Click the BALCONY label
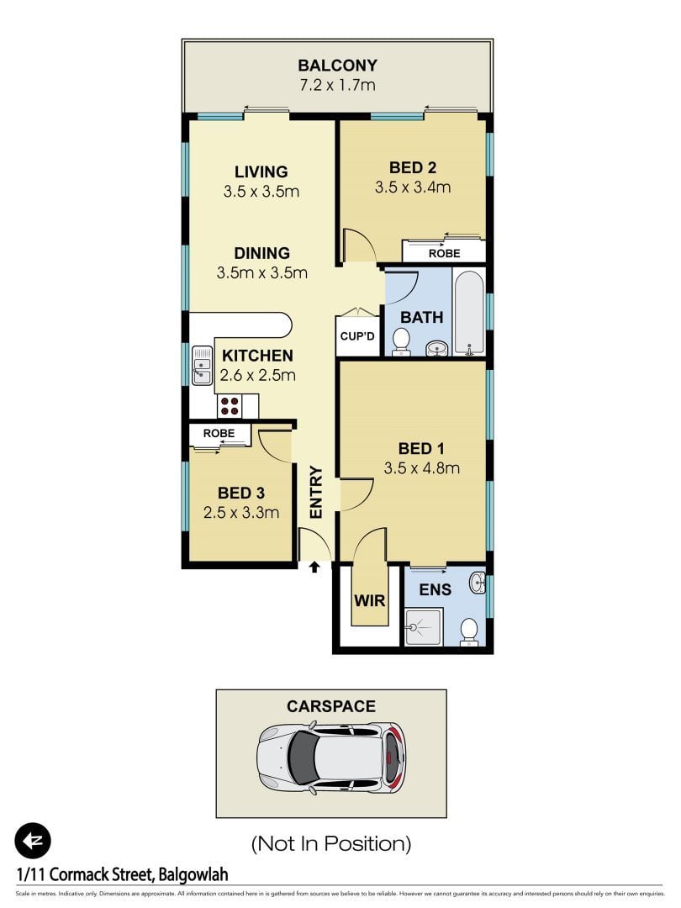[x=337, y=66]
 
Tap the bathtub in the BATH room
[x=469, y=312]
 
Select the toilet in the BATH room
[x=401, y=341]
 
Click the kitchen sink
[x=202, y=366]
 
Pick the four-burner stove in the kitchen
[x=230, y=406]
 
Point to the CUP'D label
[x=357, y=336]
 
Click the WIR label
[x=368, y=602]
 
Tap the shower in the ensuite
[x=424, y=626]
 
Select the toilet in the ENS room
[x=469, y=631]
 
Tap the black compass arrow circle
[x=33, y=840]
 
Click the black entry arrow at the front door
[x=314, y=567]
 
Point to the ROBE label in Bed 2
[x=444, y=253]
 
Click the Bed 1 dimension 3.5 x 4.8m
[x=421, y=468]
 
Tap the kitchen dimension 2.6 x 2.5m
[x=257, y=376]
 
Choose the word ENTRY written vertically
[x=316, y=492]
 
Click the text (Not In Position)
[x=331, y=842]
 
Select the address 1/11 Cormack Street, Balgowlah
[x=123, y=875]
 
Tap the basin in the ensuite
[x=478, y=582]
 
